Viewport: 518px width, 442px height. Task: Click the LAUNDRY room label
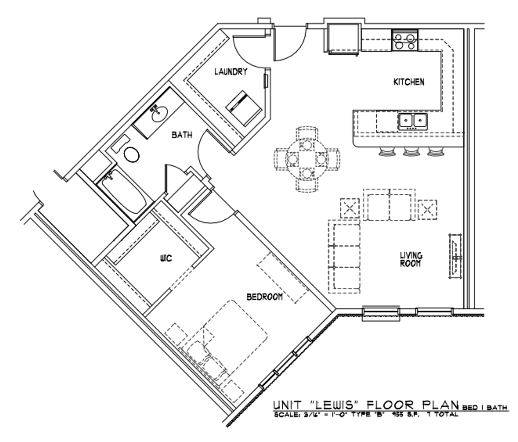(x=231, y=72)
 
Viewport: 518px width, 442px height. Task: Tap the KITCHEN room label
(x=409, y=82)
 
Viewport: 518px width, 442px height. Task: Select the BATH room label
(x=182, y=135)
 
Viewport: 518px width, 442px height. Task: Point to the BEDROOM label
(x=264, y=297)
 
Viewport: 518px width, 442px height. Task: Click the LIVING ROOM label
(x=411, y=260)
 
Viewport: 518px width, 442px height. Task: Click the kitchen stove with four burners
(x=404, y=40)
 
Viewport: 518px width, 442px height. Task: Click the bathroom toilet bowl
(x=131, y=154)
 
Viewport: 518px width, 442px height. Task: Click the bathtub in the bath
(x=123, y=192)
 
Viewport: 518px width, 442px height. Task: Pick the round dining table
(x=307, y=159)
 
